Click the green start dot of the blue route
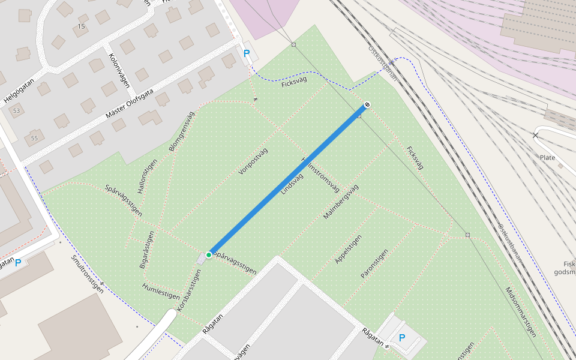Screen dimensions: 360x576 point(209,255)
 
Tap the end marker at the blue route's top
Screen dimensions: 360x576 point(367,105)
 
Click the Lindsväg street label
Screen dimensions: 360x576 point(292,184)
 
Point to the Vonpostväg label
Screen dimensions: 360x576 point(253,161)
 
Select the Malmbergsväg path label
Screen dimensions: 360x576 point(340,201)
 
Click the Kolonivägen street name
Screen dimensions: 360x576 point(119,71)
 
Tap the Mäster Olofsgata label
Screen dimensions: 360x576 point(130,104)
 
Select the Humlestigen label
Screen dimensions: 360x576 point(161,291)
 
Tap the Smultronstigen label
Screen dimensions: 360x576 point(88,275)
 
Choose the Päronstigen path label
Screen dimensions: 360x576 point(374,263)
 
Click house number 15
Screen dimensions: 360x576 point(82,26)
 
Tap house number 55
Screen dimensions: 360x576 point(34,139)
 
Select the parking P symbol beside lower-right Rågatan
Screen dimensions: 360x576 point(401,338)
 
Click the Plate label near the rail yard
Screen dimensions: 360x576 point(547,157)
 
